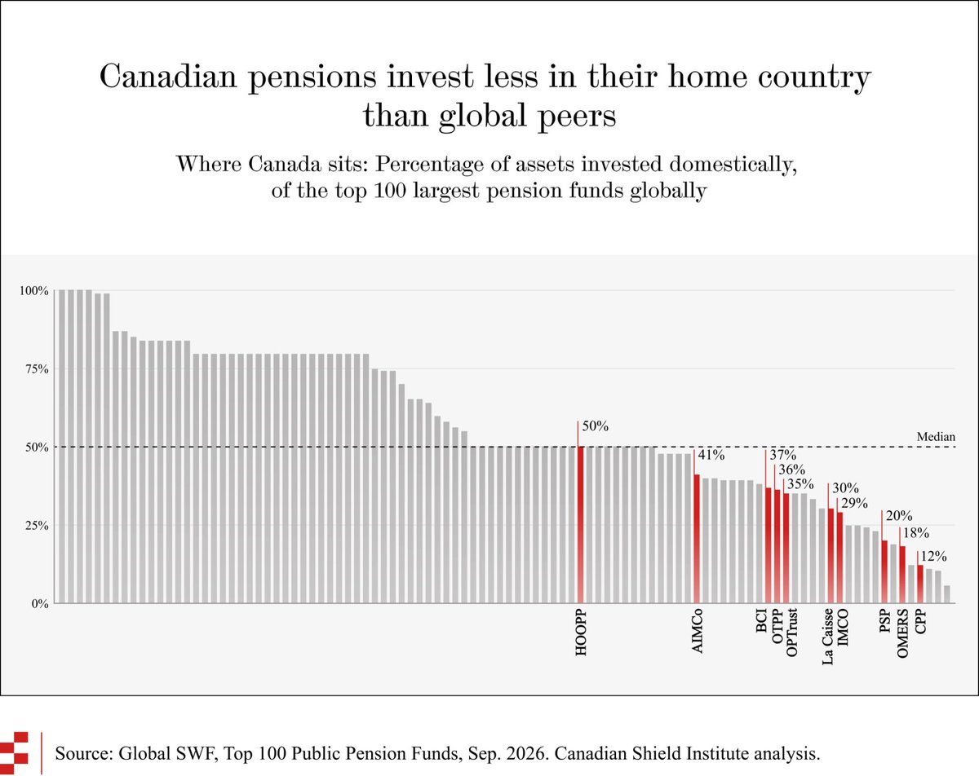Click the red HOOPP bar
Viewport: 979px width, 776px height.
581,525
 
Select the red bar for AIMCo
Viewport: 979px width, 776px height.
697,539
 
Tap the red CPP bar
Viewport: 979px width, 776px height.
920,584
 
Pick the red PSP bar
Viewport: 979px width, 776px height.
884,572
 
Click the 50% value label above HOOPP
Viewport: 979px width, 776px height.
595,426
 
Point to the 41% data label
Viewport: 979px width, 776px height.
711,455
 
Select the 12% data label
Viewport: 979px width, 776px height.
933,556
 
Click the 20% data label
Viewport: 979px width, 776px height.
899,515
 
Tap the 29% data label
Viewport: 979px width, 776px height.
854,503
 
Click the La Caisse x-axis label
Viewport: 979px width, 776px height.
827,637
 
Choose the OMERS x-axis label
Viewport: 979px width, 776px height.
902,633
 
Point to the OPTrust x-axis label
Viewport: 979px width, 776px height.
791,633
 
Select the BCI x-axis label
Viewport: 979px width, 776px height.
761,620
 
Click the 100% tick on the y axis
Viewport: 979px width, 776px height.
33,290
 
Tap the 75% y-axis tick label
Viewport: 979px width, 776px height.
37,369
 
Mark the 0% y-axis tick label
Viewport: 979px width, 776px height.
40,604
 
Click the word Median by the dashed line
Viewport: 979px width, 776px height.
936,436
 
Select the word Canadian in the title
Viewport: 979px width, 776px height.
168,76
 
